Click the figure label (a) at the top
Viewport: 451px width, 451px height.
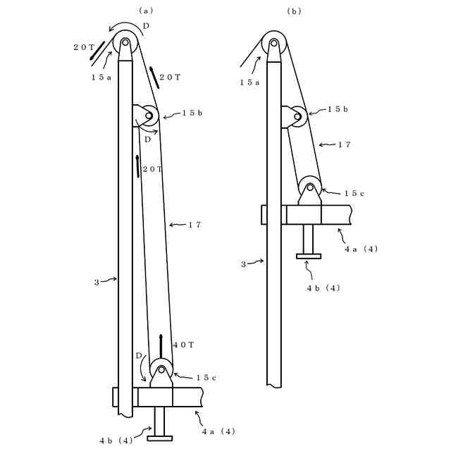[x=146, y=10]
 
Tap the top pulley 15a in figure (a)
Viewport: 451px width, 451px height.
[x=125, y=44]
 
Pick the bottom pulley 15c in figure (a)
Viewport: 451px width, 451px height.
[x=161, y=369]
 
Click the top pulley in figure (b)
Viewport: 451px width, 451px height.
[x=273, y=44]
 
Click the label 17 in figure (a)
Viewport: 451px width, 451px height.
[x=196, y=225]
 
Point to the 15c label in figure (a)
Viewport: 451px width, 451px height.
[x=204, y=378]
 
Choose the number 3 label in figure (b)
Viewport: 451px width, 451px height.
[x=243, y=264]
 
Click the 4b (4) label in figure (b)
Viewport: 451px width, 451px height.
[x=323, y=288]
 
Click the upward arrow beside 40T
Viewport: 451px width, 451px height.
[x=161, y=345]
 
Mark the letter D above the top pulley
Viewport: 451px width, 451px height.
[x=146, y=26]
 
